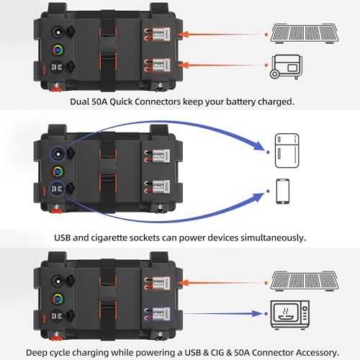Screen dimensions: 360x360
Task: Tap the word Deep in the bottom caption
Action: coord(38,352)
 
